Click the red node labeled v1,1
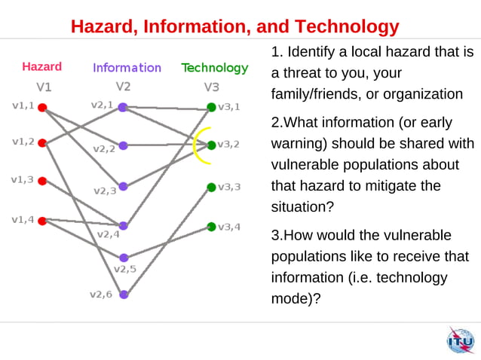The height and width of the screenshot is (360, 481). pyautogui.click(x=43, y=107)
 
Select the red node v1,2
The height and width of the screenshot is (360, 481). pyautogui.click(x=43, y=143)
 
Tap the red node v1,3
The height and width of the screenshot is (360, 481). pyautogui.click(x=43, y=181)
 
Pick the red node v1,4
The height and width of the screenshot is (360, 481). pyautogui.click(x=43, y=220)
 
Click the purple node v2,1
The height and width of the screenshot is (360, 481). pyautogui.click(x=123, y=107)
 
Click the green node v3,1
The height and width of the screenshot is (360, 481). pyautogui.click(x=211, y=107)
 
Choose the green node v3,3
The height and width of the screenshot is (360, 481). pyautogui.click(x=211, y=187)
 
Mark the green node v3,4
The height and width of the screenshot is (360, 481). pyautogui.click(x=211, y=226)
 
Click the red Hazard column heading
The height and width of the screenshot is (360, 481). pyautogui.click(x=41, y=66)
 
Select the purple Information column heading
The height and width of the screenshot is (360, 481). pyautogui.click(x=127, y=67)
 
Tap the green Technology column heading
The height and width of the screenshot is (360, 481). pyautogui.click(x=214, y=67)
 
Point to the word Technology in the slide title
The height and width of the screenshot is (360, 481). pyautogui.click(x=348, y=27)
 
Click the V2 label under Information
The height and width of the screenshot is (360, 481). pyautogui.click(x=123, y=86)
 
